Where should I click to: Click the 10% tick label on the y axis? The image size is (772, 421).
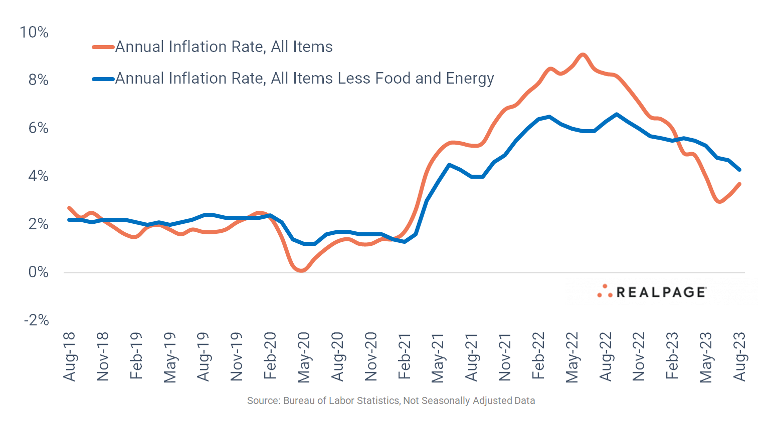(34, 33)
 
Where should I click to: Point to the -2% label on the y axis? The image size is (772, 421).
(36, 320)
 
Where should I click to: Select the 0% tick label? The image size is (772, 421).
(38, 272)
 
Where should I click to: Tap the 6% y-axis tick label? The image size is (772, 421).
(38, 128)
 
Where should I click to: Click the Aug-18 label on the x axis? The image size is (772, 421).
(70, 356)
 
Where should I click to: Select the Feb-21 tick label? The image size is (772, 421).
(405, 356)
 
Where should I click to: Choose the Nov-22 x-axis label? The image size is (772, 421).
(639, 356)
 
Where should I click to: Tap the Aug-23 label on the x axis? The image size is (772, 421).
(739, 356)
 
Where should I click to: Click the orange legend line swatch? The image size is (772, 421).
(103, 48)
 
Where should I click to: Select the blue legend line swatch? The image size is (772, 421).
(103, 79)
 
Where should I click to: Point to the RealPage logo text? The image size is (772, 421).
(661, 292)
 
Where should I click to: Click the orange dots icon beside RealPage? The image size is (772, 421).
(605, 292)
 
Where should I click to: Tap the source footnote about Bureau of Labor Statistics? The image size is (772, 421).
(391, 401)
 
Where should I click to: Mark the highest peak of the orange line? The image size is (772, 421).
(582, 55)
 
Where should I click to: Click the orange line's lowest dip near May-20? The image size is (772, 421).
(302, 270)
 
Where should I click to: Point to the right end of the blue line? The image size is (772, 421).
(739, 170)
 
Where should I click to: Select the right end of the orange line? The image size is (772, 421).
(739, 184)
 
